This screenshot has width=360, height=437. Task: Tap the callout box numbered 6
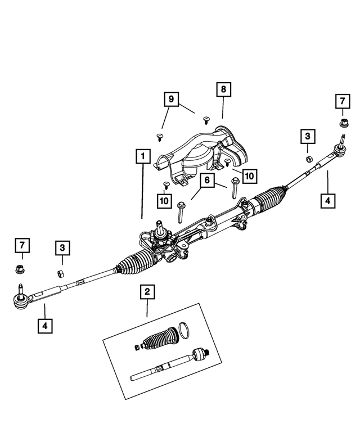[x=206, y=181]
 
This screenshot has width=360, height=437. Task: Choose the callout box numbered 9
[x=170, y=100]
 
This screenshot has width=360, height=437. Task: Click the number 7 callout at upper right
[x=341, y=102]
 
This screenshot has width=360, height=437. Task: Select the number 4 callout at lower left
[x=44, y=325]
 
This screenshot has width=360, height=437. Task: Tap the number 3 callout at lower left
[x=62, y=248]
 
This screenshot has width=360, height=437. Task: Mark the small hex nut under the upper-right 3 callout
[x=309, y=159]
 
